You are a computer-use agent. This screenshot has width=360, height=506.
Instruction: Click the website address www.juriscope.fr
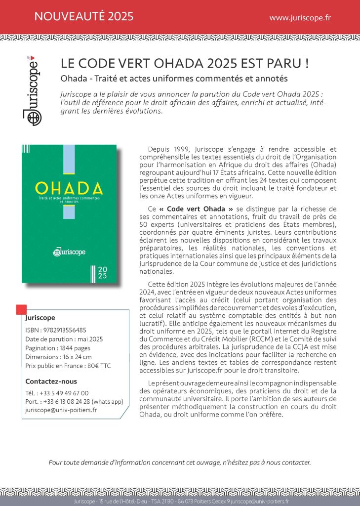tap(300, 17)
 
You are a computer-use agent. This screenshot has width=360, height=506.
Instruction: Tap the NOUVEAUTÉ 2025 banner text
tap(84, 17)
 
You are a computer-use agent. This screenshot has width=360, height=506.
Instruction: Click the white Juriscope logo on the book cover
tap(69, 252)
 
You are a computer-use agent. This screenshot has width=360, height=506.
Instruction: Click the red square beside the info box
tap(21, 310)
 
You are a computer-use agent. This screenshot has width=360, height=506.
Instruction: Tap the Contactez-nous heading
tap(51, 381)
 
